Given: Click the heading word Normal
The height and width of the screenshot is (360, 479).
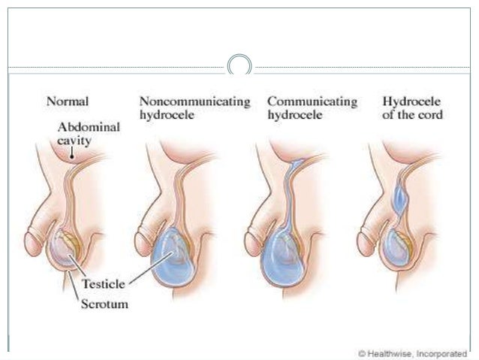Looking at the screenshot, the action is tap(68, 101).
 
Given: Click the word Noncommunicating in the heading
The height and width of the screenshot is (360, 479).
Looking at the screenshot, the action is tap(194, 101).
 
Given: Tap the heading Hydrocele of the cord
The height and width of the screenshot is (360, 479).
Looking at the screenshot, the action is tap(412, 107).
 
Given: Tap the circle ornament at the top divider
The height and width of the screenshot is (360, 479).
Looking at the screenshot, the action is tap(239, 65).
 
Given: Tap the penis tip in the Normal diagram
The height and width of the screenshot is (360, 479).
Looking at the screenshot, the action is tap(29, 242).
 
